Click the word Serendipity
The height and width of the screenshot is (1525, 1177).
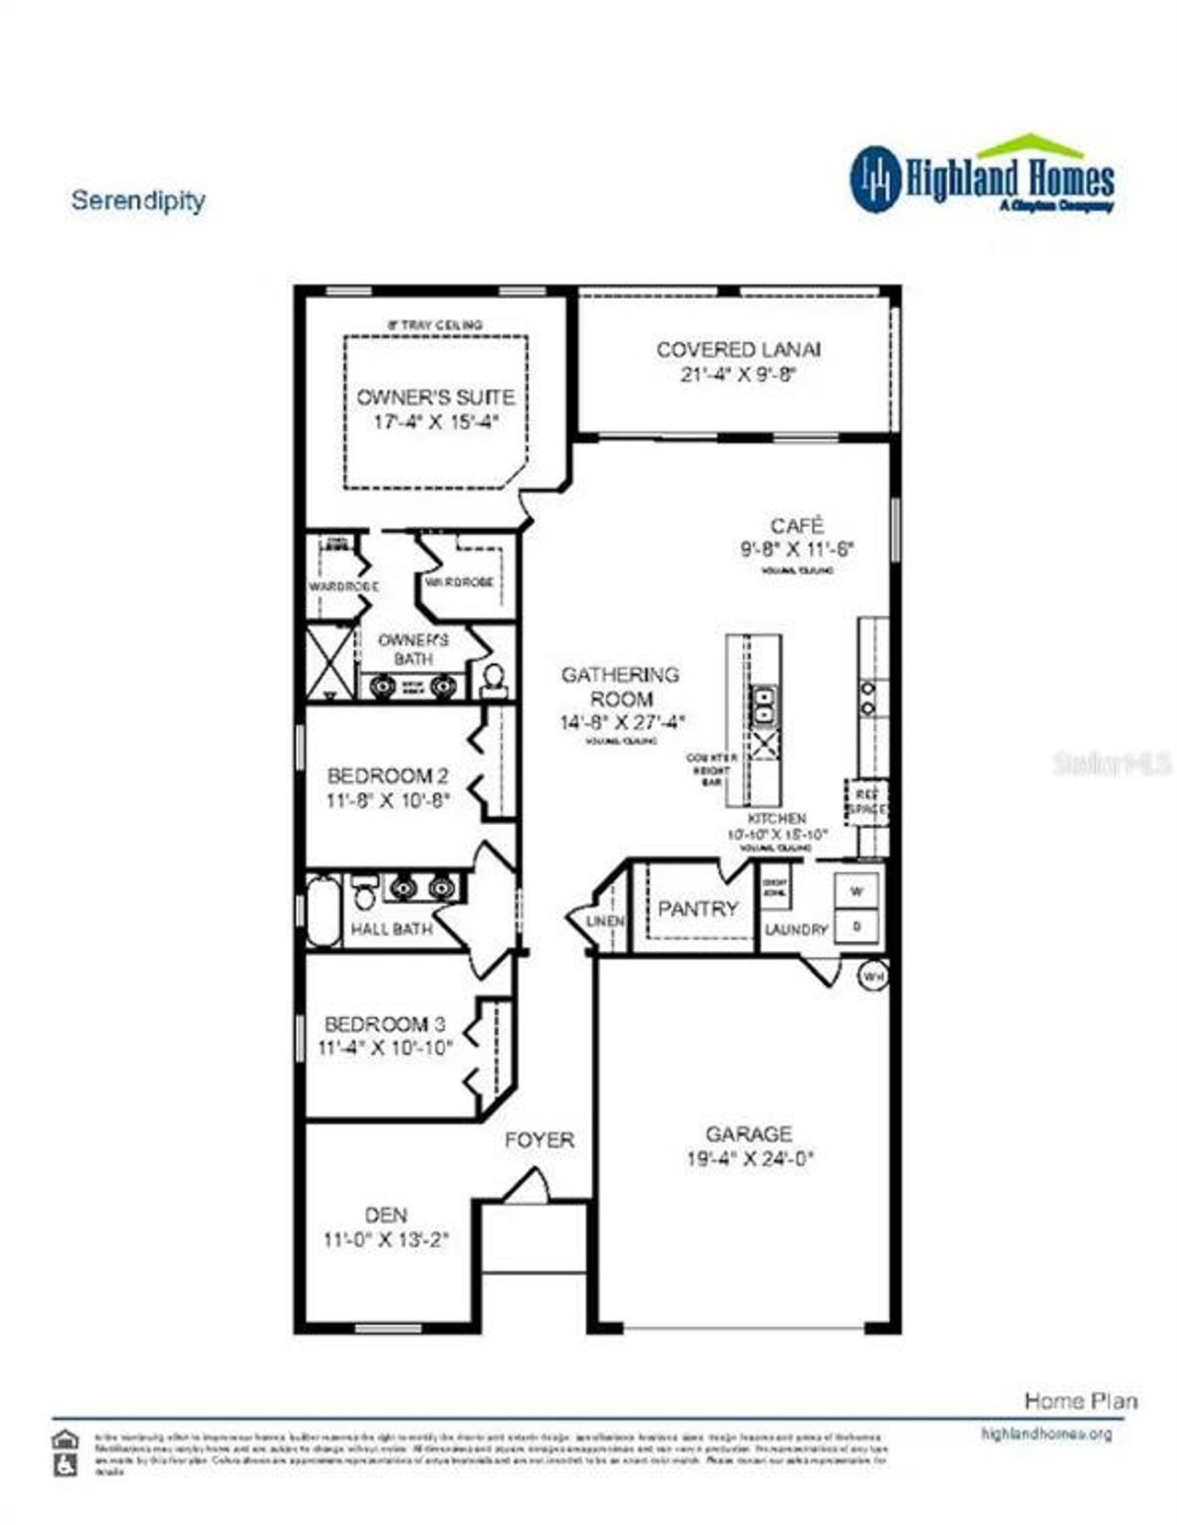[x=138, y=200]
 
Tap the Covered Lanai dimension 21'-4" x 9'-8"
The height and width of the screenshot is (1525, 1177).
[x=737, y=374]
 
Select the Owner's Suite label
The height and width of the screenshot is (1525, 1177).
[x=435, y=397]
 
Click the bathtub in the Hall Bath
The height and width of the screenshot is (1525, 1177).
[x=323, y=911]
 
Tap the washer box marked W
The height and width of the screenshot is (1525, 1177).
[x=857, y=891]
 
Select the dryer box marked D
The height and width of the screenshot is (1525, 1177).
[x=857, y=926]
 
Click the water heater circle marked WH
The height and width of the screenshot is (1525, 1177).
[x=873, y=976]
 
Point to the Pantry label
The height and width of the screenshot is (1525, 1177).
[x=698, y=909]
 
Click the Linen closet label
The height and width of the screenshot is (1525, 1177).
[x=606, y=921]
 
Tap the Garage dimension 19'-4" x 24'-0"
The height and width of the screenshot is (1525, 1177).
[x=749, y=1159]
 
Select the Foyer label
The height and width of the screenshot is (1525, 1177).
[x=539, y=1140]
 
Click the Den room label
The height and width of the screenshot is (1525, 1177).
[x=385, y=1215]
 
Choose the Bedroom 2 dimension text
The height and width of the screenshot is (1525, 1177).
[x=387, y=801]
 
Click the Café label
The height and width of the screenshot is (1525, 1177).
[x=796, y=526]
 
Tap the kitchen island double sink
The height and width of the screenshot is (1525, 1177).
[x=763, y=705]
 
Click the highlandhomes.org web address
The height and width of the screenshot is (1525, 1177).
[x=1046, y=1434]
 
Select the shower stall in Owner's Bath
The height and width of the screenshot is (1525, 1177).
[x=329, y=660]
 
